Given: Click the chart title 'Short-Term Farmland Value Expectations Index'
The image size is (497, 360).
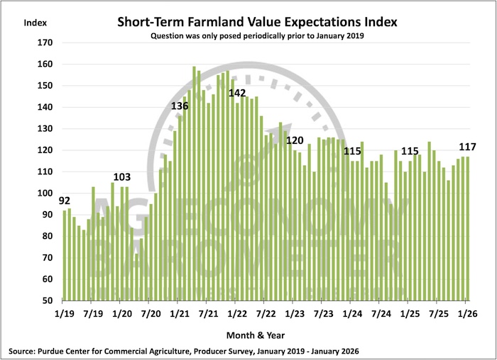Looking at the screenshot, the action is (x=257, y=22).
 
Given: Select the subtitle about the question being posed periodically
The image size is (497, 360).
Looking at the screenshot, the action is (x=257, y=35).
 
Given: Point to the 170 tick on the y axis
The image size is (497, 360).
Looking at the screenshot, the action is (x=45, y=43).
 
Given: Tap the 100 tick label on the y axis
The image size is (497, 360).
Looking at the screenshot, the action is (x=45, y=193).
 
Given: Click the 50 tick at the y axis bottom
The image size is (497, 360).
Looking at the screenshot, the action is (x=48, y=300).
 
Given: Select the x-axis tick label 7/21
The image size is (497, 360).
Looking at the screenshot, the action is (x=208, y=314).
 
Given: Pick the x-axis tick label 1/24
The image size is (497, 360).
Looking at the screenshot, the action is (x=352, y=314).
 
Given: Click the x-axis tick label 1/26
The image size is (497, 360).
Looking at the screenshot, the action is (x=467, y=314).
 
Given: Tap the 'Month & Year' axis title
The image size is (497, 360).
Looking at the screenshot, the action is (x=256, y=335).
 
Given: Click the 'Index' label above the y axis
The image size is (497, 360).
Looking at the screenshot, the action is (x=35, y=23).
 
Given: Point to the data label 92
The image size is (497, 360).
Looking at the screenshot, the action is (x=65, y=201).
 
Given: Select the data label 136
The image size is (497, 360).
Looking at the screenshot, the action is (x=180, y=106).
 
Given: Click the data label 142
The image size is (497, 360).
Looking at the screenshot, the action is (x=237, y=93).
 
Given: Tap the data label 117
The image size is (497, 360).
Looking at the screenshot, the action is (x=467, y=147).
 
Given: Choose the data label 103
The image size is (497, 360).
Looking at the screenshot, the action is (x=122, y=177).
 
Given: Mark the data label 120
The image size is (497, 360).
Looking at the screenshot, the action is (x=295, y=140).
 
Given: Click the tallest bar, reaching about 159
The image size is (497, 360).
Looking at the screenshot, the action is (x=195, y=184).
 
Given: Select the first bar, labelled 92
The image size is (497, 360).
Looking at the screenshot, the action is (x=65, y=256).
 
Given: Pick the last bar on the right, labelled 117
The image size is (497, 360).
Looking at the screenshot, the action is (x=467, y=229).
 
